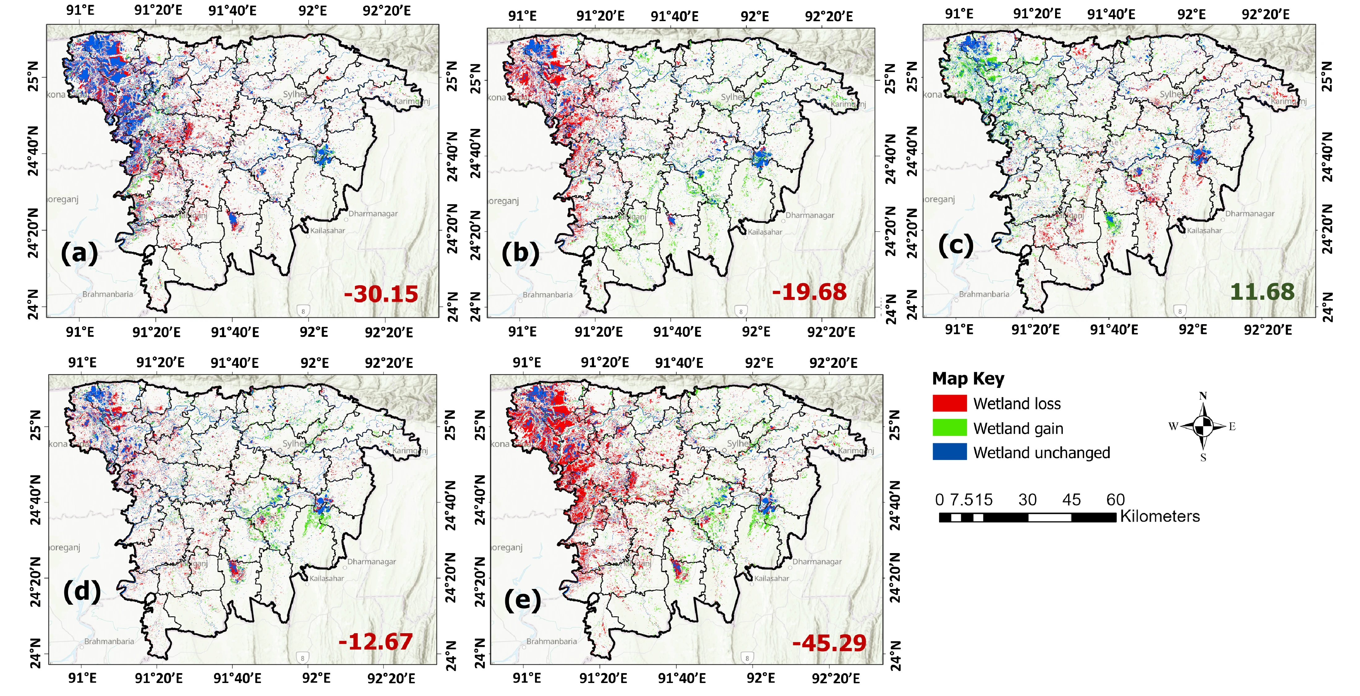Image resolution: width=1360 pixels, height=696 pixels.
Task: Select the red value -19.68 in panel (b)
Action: pyautogui.click(x=809, y=292)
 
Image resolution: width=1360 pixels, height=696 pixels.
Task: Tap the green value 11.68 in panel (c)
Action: pyautogui.click(x=1262, y=291)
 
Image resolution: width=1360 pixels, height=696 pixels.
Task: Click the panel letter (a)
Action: pyautogui.click(x=79, y=253)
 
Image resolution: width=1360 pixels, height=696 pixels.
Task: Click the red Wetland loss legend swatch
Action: pyautogui.click(x=949, y=403)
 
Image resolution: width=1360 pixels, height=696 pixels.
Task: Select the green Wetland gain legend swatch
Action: pyautogui.click(x=949, y=428)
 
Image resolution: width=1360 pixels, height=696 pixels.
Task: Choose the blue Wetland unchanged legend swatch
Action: pyautogui.click(x=949, y=452)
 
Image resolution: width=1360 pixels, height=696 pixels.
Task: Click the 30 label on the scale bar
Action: pyautogui.click(x=1027, y=500)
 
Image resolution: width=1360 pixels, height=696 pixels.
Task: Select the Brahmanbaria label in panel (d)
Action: pyautogui.click(x=109, y=641)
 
